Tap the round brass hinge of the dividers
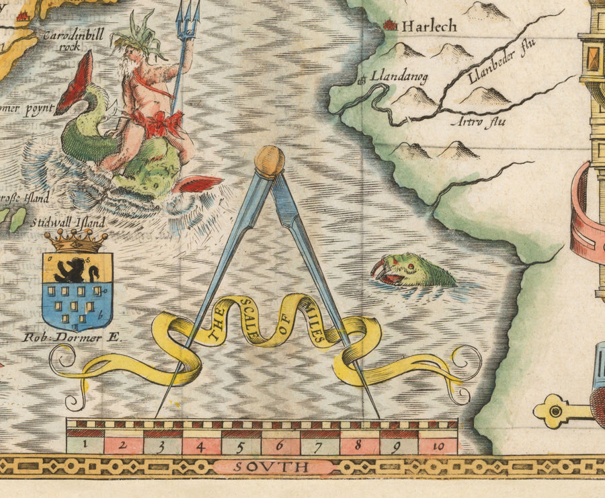point(270,161)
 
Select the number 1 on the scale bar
point(85,444)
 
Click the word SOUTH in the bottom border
point(273,466)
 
